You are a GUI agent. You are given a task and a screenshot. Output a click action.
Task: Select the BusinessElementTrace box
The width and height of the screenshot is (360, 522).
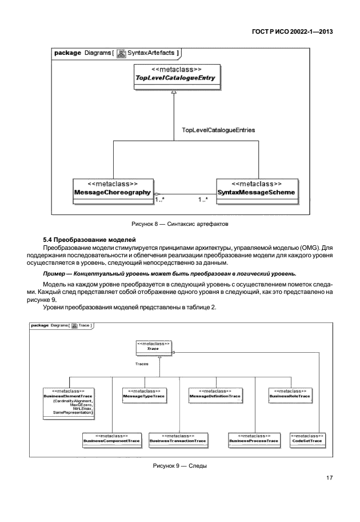(69, 403)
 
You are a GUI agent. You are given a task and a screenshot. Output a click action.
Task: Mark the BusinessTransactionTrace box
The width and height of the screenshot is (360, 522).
(177, 439)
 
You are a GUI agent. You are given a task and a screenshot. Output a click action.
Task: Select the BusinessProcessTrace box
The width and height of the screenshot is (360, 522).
(254, 439)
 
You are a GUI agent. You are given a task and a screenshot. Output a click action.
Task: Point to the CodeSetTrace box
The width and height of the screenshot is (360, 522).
(307, 439)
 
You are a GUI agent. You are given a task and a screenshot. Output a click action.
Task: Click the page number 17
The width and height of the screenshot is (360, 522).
(329, 478)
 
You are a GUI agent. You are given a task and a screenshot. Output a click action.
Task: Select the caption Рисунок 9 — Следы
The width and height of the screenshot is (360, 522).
(179, 465)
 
